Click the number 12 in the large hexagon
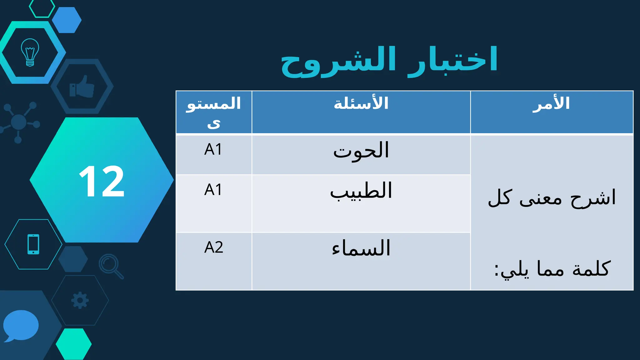(102, 181)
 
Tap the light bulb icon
(30, 52)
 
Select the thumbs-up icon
(82, 87)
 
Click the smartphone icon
(33, 244)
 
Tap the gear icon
(80, 300)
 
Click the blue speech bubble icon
(21, 325)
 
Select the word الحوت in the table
(361, 151)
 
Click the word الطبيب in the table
(361, 191)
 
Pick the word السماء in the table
(361, 248)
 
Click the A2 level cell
(214, 247)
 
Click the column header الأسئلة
(361, 103)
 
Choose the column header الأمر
(552, 103)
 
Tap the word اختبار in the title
(453, 59)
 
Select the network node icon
(19, 122)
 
